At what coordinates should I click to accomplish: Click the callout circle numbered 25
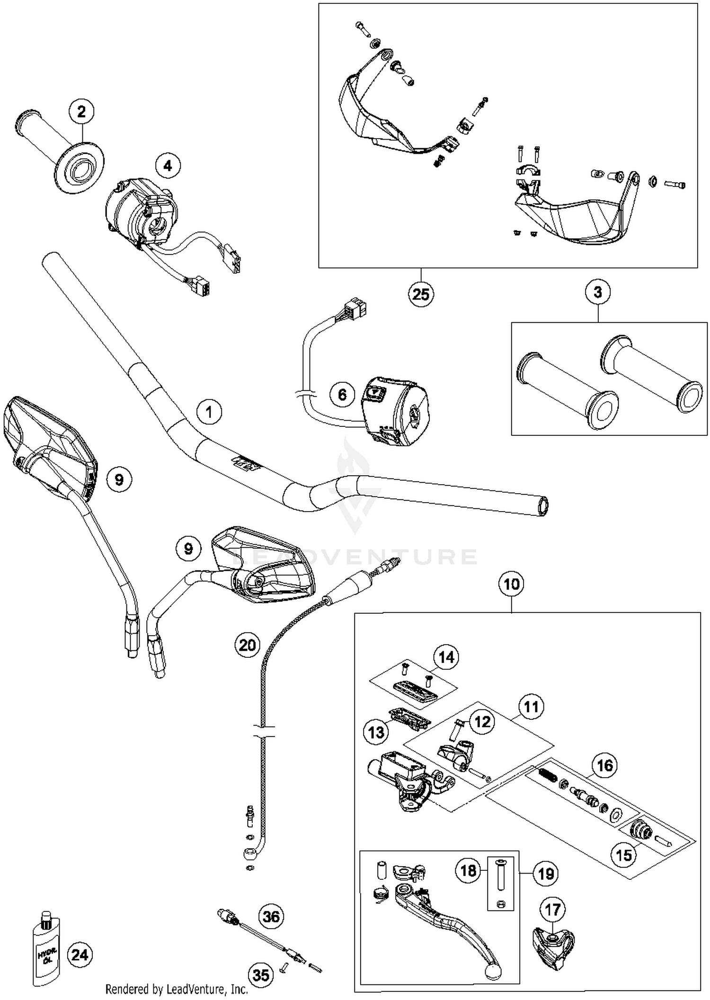tap(421, 294)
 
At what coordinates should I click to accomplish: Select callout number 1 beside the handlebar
tap(209, 412)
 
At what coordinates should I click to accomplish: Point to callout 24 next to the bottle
tap(79, 954)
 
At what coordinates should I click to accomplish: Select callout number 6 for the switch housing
tap(342, 394)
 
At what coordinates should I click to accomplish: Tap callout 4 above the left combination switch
tap(168, 165)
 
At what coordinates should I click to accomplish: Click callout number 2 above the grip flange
tap(81, 112)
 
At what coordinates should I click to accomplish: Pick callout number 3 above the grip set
tap(597, 292)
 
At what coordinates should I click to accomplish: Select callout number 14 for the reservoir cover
tap(446, 657)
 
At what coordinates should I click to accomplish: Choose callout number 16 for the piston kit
tap(604, 765)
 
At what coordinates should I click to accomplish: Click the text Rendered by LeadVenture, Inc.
tap(176, 989)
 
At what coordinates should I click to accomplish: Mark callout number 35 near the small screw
tap(261, 975)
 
